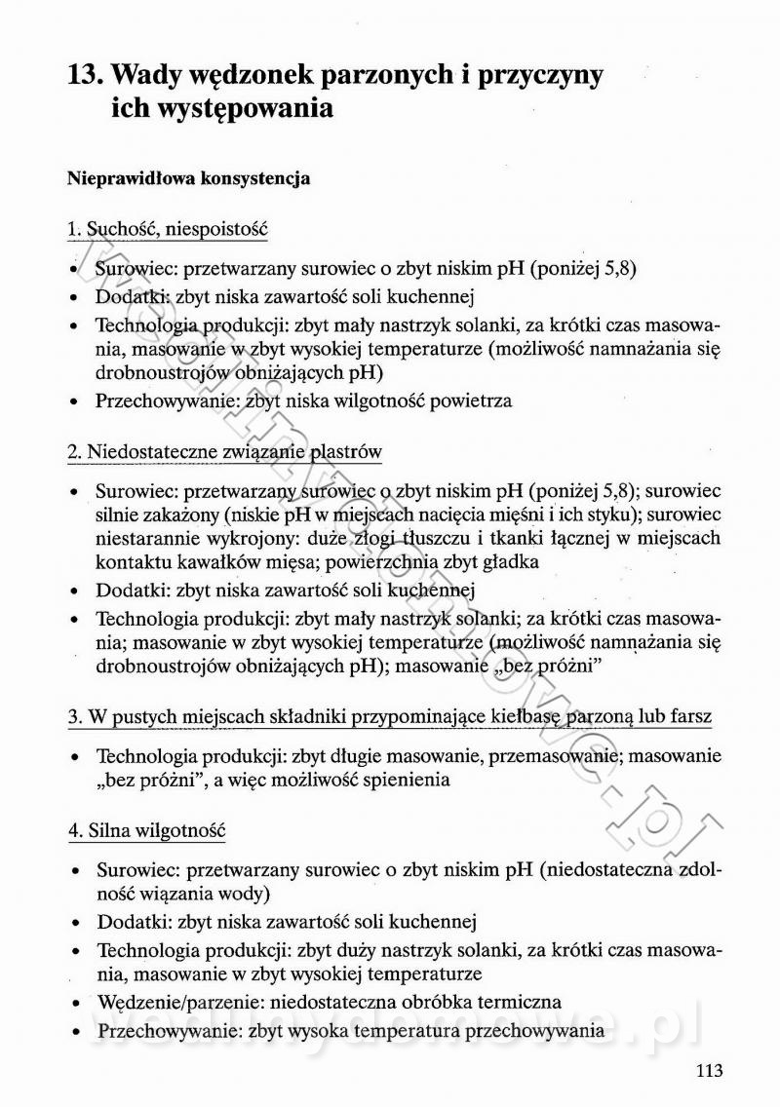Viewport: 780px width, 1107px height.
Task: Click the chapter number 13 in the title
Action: pyautogui.click(x=85, y=75)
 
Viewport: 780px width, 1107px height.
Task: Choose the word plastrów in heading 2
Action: pyautogui.click(x=345, y=451)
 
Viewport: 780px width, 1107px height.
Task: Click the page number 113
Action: pyautogui.click(x=710, y=1071)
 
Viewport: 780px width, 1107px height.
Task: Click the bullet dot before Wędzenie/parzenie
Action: pyautogui.click(x=75, y=1003)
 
